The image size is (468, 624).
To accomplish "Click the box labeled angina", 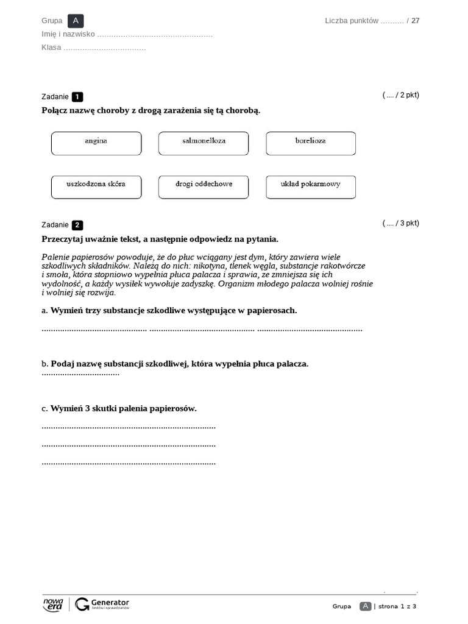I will pos(96,143).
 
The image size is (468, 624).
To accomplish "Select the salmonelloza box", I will pos(204,143).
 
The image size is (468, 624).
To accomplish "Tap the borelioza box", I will pos(311,143).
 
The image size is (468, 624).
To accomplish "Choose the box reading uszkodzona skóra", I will pos(96,187).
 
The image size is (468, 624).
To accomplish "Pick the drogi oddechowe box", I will pos(204,187).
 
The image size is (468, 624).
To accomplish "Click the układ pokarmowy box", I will pos(311,187).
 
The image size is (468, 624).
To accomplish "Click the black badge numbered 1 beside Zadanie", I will pos(77,97).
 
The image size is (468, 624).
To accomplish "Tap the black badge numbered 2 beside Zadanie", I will pos(77,225).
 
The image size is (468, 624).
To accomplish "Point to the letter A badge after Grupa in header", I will pos(76,21).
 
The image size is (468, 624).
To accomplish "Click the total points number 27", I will pos(416,21).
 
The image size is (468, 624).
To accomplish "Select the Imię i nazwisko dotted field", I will pos(155,35).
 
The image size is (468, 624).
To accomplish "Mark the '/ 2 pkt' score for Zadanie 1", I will pos(401,95).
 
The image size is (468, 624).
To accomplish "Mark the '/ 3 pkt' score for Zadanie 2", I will pos(401,223).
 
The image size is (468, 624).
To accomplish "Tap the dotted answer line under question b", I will pos(80,374).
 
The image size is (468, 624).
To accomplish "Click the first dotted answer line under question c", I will pos(129,427).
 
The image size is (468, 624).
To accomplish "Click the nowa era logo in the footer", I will pos(53,604).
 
